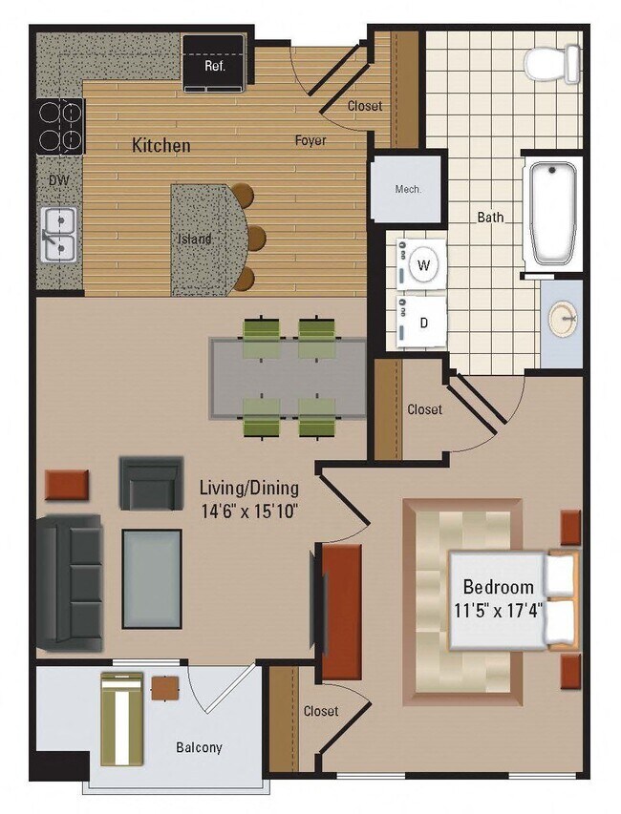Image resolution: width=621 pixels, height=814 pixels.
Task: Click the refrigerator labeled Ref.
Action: pyautogui.click(x=213, y=63)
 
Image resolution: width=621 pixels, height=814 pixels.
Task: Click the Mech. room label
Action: pyautogui.click(x=408, y=189)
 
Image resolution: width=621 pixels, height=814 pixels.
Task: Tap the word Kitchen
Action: pyautogui.click(x=161, y=146)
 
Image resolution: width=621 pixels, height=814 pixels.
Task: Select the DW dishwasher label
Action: pyautogui.click(x=56, y=178)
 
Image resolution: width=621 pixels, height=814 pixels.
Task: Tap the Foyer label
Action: pyautogui.click(x=310, y=141)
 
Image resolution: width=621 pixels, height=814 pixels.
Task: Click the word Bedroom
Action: pyautogui.click(x=499, y=586)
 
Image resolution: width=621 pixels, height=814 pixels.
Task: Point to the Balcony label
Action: pyautogui.click(x=199, y=747)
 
